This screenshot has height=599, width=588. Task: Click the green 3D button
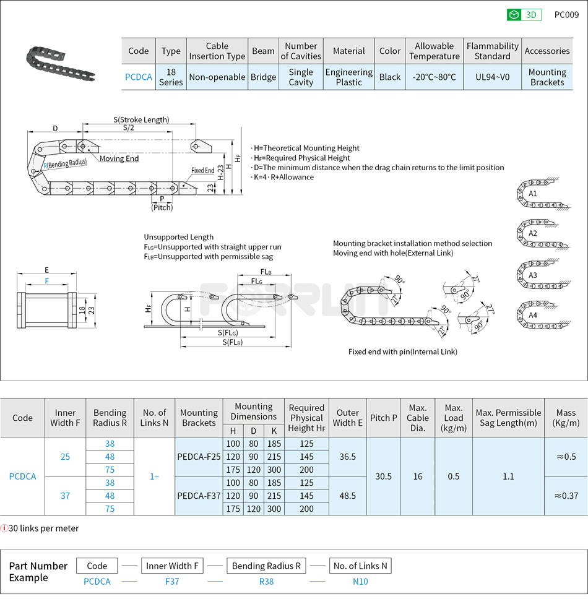click(x=524, y=15)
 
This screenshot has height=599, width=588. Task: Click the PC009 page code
click(x=566, y=15)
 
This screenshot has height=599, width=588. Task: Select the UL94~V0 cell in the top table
click(x=492, y=77)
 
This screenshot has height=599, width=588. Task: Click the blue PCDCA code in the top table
click(x=138, y=77)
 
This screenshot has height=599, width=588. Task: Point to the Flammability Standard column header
click(x=492, y=51)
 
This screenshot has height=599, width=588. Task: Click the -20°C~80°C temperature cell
click(x=434, y=77)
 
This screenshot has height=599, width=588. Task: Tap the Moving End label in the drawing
click(x=119, y=158)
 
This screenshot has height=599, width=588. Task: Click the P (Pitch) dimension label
click(x=162, y=203)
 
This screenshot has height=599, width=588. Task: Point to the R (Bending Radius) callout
click(x=64, y=164)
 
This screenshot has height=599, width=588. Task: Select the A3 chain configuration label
click(x=532, y=275)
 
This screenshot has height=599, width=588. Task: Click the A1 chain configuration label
click(x=532, y=194)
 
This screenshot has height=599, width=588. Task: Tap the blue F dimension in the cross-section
click(x=46, y=281)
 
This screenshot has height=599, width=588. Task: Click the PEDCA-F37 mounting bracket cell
click(x=199, y=496)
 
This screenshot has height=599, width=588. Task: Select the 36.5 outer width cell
click(x=347, y=457)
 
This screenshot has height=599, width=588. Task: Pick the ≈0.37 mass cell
click(x=566, y=496)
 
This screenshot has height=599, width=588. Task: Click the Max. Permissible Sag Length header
click(x=508, y=418)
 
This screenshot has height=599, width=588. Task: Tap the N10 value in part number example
click(x=360, y=581)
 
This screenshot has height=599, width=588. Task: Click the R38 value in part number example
click(x=266, y=581)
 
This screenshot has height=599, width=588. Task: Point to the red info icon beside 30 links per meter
click(x=4, y=528)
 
